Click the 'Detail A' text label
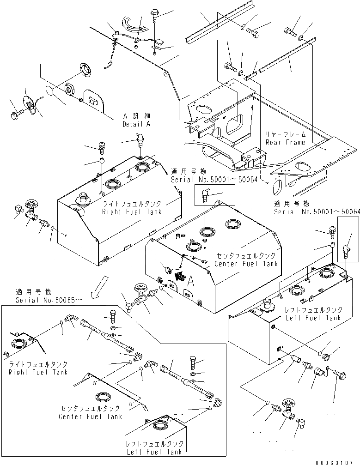tap(136, 125)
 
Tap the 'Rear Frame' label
tap(285, 142)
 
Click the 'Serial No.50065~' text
tap(49, 300)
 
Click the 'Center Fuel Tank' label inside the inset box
tap(91, 412)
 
